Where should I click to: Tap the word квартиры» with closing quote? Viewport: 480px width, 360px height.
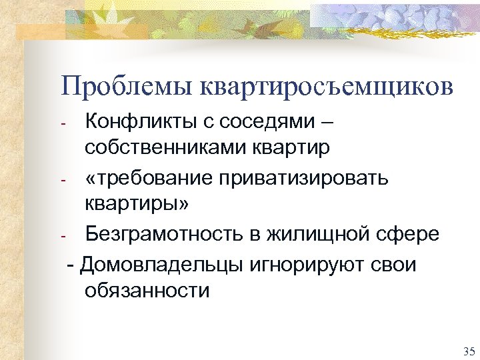[x=137, y=203]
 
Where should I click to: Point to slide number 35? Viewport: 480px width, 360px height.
[x=467, y=351]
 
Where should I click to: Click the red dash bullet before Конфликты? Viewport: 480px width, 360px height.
[x=62, y=124]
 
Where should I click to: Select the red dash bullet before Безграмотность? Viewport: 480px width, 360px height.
[x=62, y=237]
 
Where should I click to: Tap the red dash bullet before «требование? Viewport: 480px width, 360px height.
[x=62, y=181]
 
